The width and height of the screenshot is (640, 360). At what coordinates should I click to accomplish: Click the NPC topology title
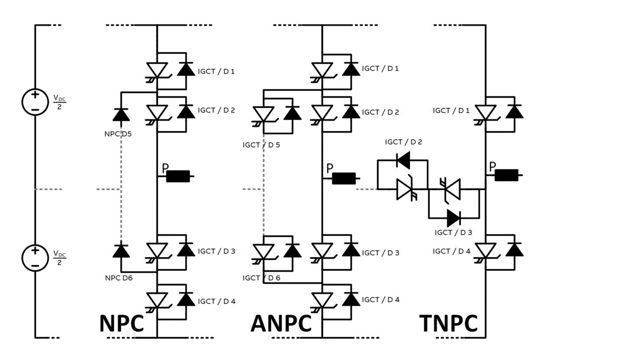point(121,323)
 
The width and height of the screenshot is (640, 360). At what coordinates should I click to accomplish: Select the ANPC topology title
point(281,323)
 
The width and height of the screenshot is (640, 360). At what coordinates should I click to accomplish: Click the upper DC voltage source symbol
point(35,102)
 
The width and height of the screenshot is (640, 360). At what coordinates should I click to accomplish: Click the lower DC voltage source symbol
point(35,258)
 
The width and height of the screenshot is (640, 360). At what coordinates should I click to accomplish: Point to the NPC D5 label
point(118,133)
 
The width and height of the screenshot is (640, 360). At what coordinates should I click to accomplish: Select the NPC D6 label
point(118,278)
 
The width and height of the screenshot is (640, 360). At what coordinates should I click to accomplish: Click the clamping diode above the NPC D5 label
point(121,115)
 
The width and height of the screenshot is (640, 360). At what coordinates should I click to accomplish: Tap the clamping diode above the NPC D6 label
point(121,251)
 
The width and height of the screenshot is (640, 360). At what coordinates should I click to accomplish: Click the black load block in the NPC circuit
point(178,176)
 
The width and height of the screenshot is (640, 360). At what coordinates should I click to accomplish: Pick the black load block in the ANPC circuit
point(344,178)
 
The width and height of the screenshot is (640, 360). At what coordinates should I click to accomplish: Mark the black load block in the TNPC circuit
point(506,175)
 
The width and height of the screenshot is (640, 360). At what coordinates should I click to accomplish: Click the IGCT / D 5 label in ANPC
point(261,145)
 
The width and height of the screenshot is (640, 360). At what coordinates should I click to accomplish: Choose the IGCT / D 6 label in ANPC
point(261,278)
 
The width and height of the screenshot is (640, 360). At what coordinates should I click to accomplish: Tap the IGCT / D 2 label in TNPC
point(404,142)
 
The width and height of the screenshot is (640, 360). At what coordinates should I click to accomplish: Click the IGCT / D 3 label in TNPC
point(453,232)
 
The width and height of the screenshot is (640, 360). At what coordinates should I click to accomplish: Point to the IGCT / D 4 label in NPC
point(216,301)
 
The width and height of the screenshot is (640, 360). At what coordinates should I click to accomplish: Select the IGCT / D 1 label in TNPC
point(451,110)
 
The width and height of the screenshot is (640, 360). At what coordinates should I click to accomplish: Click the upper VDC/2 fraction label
point(60,102)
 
